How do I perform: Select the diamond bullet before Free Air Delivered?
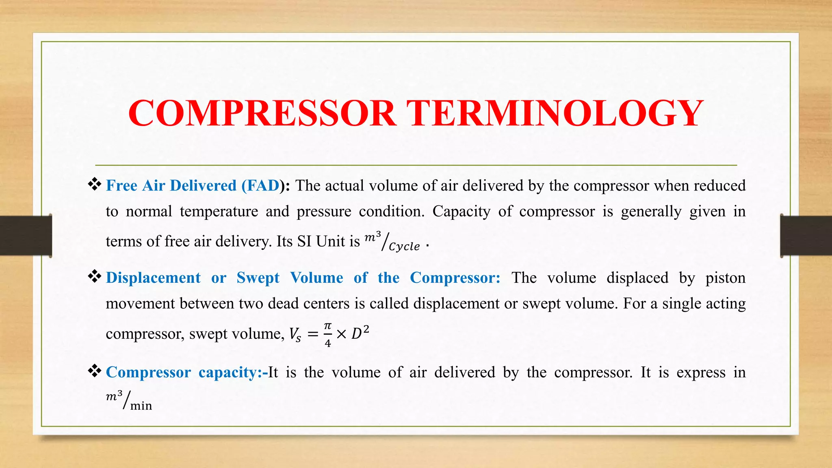(95, 184)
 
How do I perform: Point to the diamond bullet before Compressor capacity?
(95, 371)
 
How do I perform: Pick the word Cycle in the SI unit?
(404, 247)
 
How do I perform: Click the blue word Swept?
(258, 278)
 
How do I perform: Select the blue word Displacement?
(153, 278)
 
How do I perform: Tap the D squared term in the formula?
(360, 333)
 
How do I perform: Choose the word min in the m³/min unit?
(141, 406)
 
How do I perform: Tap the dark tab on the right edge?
(806, 236)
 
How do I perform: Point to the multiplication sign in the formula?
(341, 334)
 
